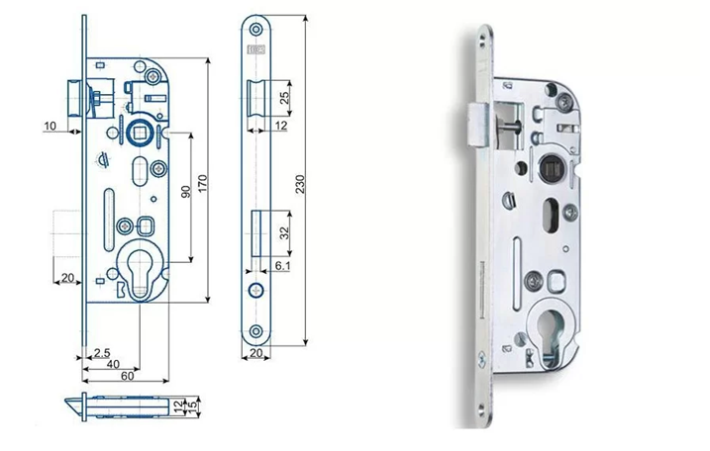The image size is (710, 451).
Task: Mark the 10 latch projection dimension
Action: pos(50,126)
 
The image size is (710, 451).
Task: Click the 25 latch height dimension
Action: pos(284,98)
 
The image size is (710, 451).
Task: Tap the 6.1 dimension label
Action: pos(281,266)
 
